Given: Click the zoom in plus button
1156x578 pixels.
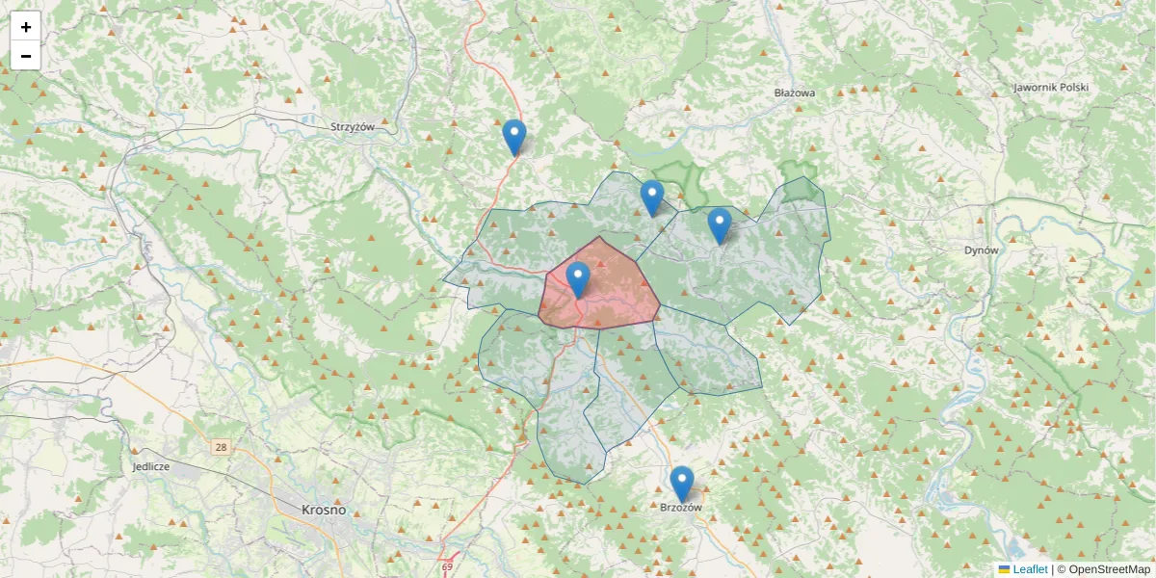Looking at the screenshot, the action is pyautogui.click(x=26, y=27).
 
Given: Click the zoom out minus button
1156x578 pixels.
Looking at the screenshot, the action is pyautogui.click(x=26, y=56).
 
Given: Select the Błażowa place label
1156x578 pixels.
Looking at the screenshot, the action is pyautogui.click(x=795, y=93).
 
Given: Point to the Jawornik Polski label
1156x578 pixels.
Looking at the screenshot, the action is pyautogui.click(x=1050, y=88).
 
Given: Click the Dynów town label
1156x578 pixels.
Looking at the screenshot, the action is pyautogui.click(x=983, y=250).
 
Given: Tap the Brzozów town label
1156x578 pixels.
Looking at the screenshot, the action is pyautogui.click(x=682, y=507).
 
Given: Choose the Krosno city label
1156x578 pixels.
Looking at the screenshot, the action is pyautogui.click(x=324, y=510).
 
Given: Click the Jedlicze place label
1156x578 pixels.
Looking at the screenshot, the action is pyautogui.click(x=151, y=466).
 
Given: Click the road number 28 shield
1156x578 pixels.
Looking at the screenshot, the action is pyautogui.click(x=222, y=448).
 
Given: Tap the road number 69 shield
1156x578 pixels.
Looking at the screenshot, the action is pyautogui.click(x=447, y=566).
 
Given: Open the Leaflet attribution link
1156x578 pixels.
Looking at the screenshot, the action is pyautogui.click(x=1030, y=569).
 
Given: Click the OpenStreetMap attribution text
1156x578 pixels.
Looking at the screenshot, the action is pyautogui.click(x=1103, y=569).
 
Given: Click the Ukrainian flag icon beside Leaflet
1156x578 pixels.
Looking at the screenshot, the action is pyautogui.click(x=1004, y=569).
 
